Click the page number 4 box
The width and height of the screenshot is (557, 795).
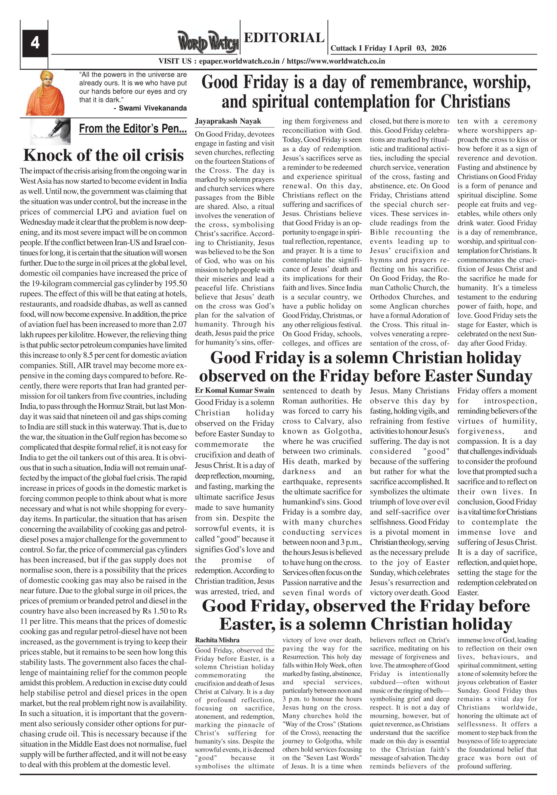click(x=35, y=43)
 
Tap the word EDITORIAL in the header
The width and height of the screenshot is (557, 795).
click(x=284, y=37)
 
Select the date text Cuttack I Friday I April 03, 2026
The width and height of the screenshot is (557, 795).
click(x=388, y=48)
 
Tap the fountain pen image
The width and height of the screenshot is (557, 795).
click(x=51, y=131)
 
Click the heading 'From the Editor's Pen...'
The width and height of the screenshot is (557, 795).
click(x=133, y=128)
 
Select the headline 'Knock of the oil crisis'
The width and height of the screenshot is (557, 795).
click(x=103, y=155)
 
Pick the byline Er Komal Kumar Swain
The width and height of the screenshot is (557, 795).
click(x=234, y=390)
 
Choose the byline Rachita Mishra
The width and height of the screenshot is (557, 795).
click(x=217, y=640)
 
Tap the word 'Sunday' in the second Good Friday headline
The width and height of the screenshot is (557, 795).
click(x=504, y=376)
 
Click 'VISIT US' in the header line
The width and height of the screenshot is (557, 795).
click(x=175, y=61)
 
